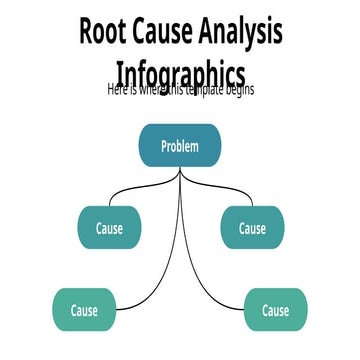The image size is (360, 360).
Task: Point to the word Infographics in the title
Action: [x=180, y=74]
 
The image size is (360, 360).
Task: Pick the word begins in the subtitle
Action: [x=237, y=89]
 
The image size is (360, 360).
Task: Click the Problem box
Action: [x=180, y=146]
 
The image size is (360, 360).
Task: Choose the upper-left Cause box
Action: [x=109, y=228]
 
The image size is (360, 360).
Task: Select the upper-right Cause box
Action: [x=252, y=228]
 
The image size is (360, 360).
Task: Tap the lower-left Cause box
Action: [x=84, y=310]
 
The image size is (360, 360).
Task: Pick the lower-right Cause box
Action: [x=276, y=310]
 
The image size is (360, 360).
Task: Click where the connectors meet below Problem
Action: [x=180, y=171]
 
